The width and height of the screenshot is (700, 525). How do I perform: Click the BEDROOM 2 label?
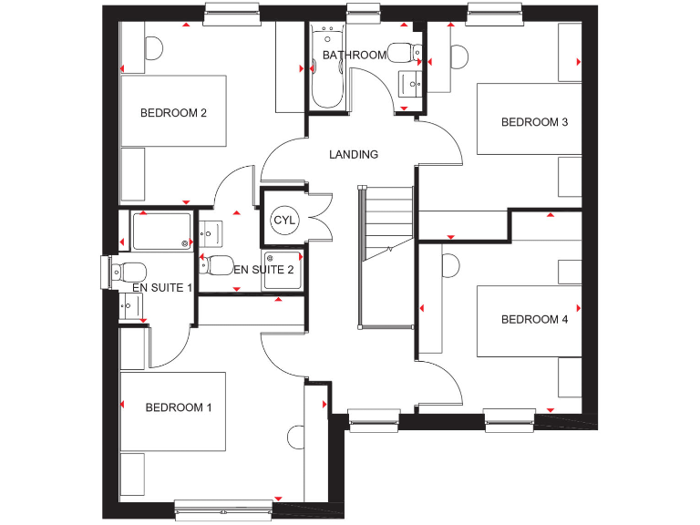(x=173, y=113)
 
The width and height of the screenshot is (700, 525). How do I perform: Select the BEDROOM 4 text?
(x=534, y=320)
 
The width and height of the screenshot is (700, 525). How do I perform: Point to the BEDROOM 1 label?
(x=179, y=407)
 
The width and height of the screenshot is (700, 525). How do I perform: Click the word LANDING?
(x=354, y=155)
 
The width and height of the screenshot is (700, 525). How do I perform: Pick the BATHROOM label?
(x=355, y=56)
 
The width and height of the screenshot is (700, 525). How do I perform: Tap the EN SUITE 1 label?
(x=162, y=288)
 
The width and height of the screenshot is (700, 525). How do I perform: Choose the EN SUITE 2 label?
(x=263, y=270)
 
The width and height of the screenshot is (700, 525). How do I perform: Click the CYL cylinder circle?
(x=284, y=221)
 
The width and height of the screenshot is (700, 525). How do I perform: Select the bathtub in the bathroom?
(x=326, y=68)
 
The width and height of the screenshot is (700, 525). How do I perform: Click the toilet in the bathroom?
(x=402, y=51)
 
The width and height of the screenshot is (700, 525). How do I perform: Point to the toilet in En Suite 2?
(x=217, y=266)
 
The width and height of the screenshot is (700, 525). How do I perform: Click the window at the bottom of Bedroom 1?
(x=222, y=502)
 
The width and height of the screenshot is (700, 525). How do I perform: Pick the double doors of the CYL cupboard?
(x=317, y=219)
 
